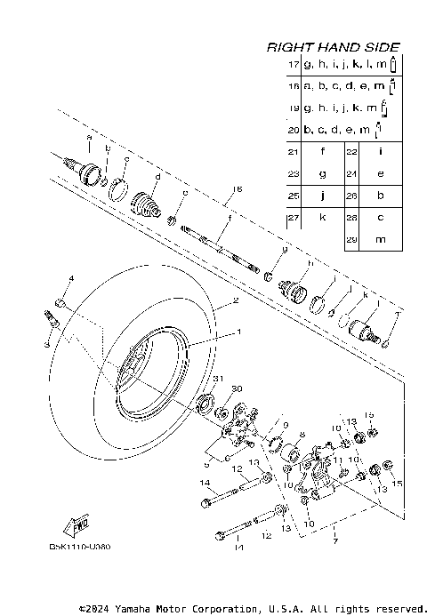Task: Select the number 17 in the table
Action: click(x=293, y=65)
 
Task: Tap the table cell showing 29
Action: click(x=351, y=240)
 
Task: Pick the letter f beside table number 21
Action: click(x=323, y=152)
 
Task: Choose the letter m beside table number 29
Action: click(x=381, y=240)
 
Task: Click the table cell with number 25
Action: click(x=293, y=196)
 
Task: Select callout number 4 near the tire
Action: click(x=71, y=280)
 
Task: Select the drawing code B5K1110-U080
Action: click(x=80, y=546)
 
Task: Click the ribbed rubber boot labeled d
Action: click(x=149, y=210)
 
